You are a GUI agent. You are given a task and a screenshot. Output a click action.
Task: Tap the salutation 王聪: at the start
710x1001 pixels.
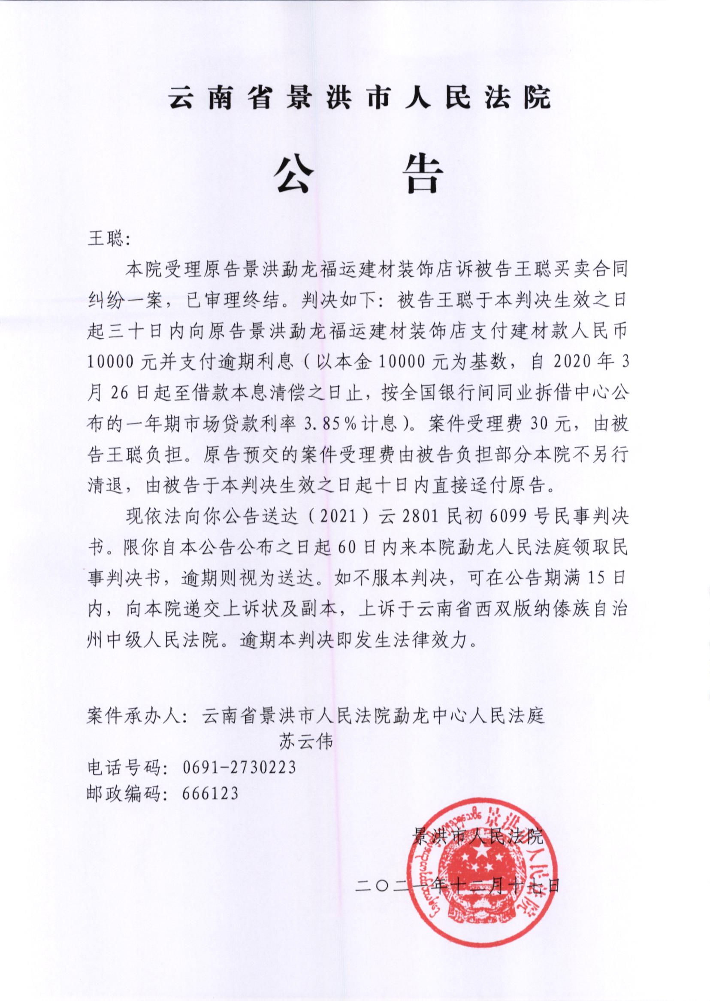(107, 240)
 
